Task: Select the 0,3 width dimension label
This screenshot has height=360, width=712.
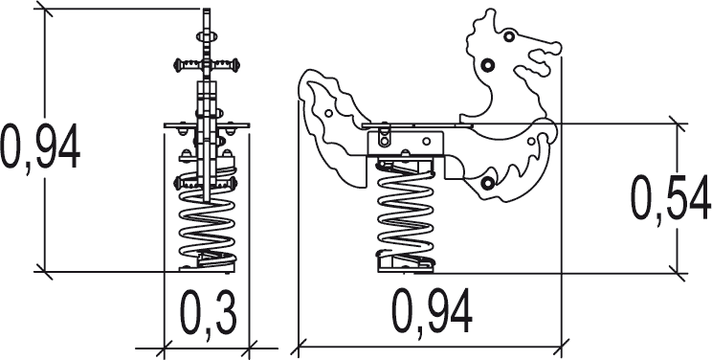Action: click(209, 315)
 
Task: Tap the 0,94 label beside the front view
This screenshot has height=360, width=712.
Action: click(40, 147)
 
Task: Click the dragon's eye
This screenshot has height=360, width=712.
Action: click(509, 36)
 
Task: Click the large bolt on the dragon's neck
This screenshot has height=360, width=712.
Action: click(487, 65)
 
